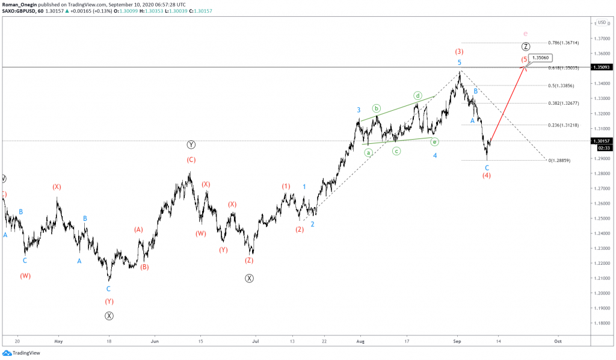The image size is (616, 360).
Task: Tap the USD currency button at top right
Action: point(602,22)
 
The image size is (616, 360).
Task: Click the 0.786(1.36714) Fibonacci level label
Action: point(563,43)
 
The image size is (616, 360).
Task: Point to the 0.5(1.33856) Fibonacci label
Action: point(562,85)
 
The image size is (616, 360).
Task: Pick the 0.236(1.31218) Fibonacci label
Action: point(563,125)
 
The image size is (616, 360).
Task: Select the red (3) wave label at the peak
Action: point(459,52)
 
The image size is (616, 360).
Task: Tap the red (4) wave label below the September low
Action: point(487,175)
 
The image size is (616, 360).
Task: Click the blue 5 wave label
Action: point(459,63)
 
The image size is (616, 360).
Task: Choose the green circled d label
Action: point(417,96)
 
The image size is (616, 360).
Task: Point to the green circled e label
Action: point(434,141)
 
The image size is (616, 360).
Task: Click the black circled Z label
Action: point(526,46)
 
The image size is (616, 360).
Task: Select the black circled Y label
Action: point(191,144)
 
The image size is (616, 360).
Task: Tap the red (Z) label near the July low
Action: point(249,261)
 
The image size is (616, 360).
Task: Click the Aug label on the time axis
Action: point(360,340)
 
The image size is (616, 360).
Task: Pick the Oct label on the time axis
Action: point(558,340)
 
